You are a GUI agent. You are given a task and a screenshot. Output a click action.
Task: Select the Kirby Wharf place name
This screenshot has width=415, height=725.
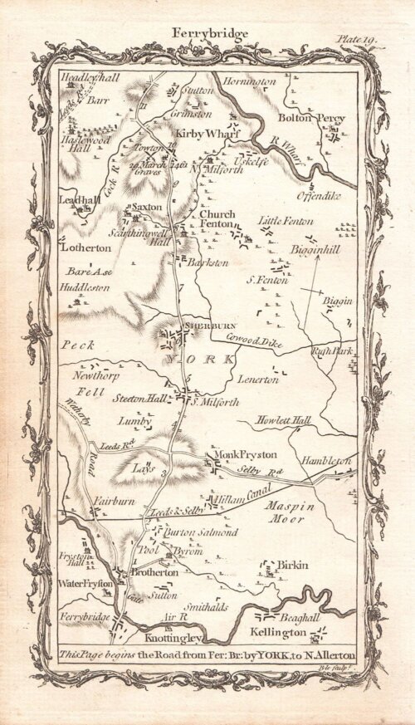coord(197,131)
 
